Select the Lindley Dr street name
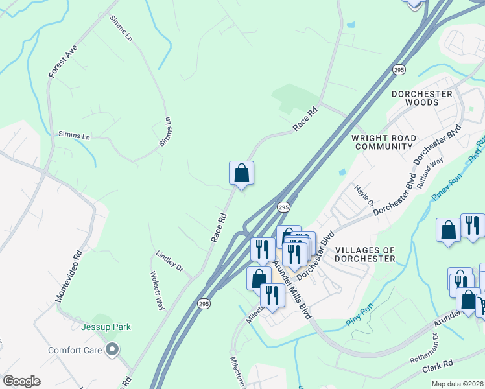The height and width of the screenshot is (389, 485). [x=170, y=260]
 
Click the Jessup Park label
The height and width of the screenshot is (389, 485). [x=106, y=327]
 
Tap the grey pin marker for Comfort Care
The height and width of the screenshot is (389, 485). [x=112, y=351]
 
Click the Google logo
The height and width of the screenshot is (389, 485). [x=21, y=381]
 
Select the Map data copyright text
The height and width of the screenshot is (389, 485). [x=458, y=384]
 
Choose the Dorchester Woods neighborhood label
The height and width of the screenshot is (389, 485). [x=421, y=98]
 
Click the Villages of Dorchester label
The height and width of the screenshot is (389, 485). [x=365, y=253]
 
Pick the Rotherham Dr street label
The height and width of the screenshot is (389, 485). [x=424, y=349]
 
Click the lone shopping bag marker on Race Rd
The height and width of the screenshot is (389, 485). [x=241, y=173]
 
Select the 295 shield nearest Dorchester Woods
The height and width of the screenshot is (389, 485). [x=399, y=69]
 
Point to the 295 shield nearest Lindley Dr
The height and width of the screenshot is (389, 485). [x=204, y=303]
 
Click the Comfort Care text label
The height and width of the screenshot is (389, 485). [x=75, y=351]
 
